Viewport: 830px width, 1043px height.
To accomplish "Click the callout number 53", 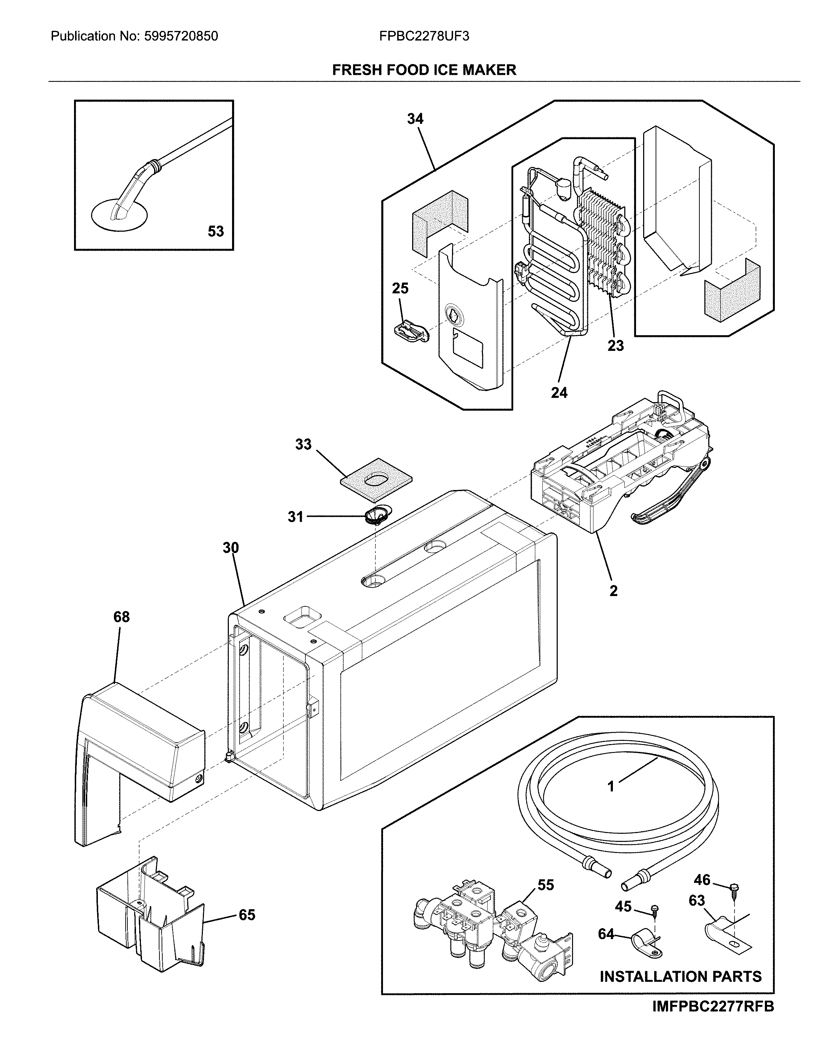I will click(x=215, y=231).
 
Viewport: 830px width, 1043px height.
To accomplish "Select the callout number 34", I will click(x=415, y=118).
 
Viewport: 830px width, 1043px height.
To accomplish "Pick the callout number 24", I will click(x=559, y=393).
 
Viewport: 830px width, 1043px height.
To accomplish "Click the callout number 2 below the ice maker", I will click(x=613, y=591).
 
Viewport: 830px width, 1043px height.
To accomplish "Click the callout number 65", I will click(x=247, y=915).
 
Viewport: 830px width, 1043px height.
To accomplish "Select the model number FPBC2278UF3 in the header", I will click(x=424, y=36).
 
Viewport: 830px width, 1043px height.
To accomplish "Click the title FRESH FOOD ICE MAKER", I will click(x=424, y=70).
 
